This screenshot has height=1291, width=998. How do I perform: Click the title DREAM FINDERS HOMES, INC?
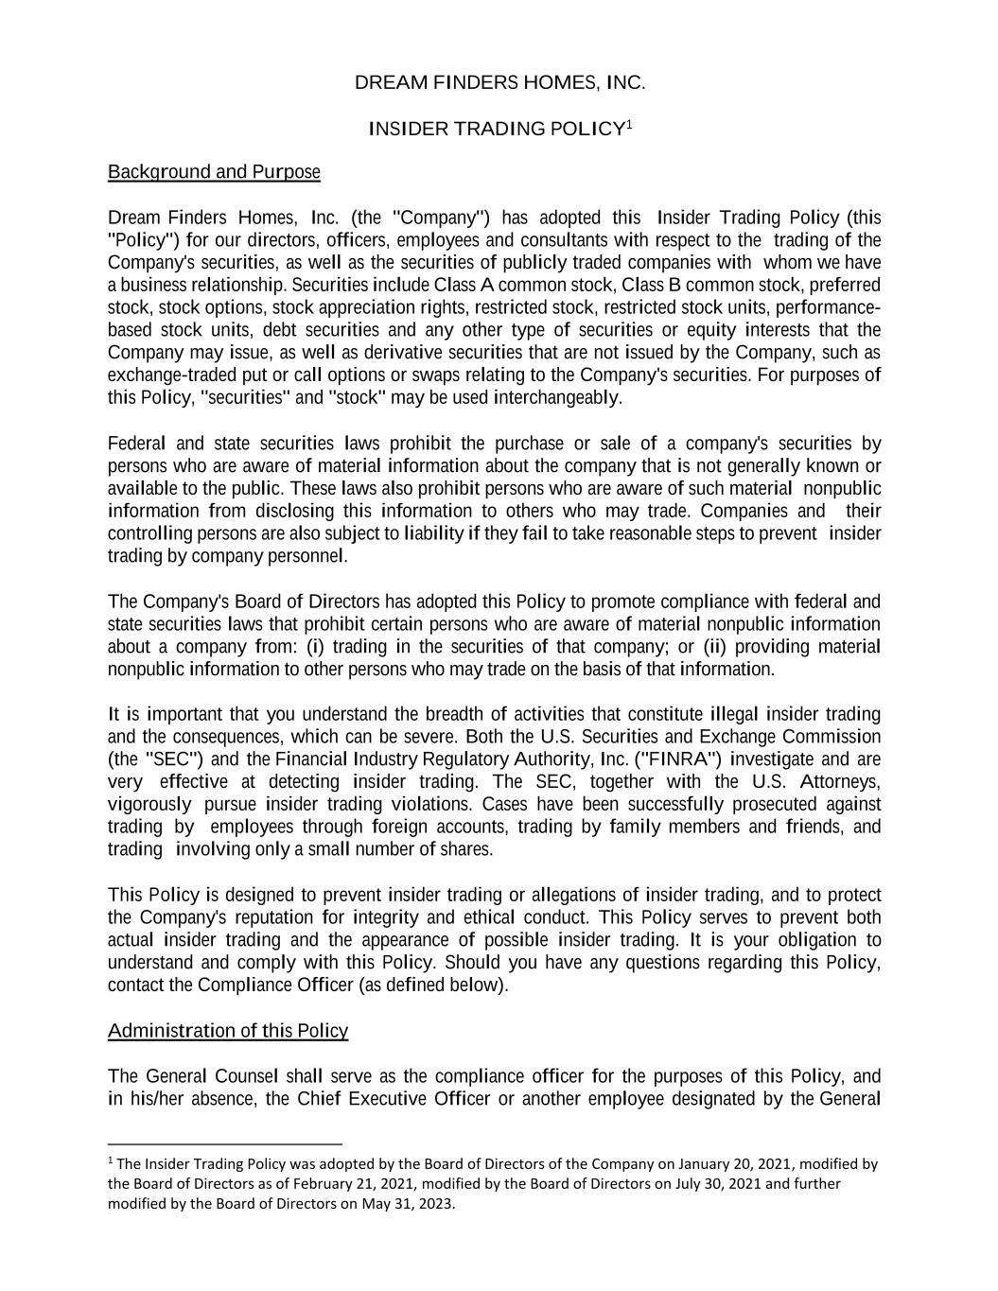499,82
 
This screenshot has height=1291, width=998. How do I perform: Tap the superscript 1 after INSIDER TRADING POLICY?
629,123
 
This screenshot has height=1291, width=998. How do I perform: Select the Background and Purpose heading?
214,172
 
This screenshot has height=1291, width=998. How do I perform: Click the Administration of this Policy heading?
228,1031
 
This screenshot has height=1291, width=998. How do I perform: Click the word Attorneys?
840,782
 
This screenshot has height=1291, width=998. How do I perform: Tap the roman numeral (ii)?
715,647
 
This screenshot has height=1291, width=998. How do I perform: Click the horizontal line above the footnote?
224,1143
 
